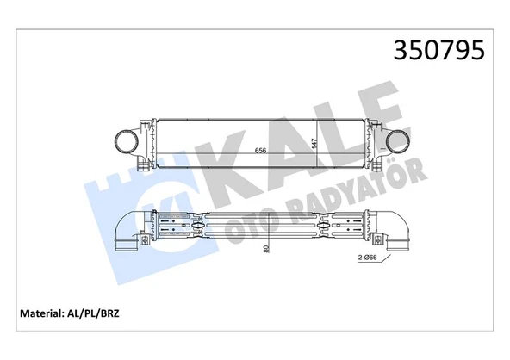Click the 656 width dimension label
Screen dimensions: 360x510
point(258,151)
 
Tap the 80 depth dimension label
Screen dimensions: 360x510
point(266,248)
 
